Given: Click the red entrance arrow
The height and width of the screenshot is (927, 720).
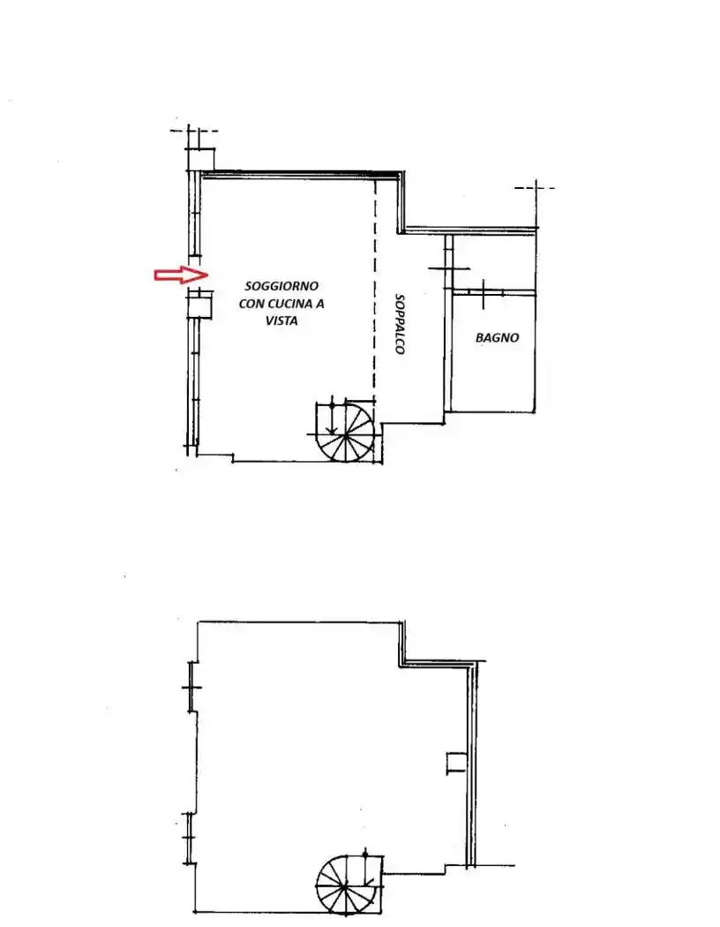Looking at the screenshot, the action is tap(182, 275).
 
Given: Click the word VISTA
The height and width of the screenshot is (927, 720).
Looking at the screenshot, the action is tap(281, 321).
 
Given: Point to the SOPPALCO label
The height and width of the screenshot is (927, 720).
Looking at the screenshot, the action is tap(400, 324).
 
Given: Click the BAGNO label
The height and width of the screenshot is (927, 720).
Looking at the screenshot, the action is tap(498, 337).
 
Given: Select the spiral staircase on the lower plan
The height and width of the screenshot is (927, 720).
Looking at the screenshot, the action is tap(348, 885).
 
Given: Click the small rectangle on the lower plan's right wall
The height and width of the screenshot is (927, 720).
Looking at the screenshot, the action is tap(456, 763).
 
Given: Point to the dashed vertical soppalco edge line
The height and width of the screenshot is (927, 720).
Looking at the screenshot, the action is tap(374, 290).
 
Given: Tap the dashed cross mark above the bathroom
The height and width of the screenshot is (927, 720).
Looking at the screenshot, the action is tap(535, 189).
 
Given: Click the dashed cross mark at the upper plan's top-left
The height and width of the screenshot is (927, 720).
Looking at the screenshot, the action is tap(192, 132).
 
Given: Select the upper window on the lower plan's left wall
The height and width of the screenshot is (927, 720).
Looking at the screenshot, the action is tap(191, 687).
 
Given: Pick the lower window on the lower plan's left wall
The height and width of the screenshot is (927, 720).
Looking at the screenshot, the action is tap(189, 839).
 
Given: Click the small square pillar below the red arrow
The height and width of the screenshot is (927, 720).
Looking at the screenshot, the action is tap(199, 307).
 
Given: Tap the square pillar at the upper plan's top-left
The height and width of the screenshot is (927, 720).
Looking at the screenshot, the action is tap(201, 159).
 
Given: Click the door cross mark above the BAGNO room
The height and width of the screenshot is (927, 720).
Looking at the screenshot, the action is tap(484, 293).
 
